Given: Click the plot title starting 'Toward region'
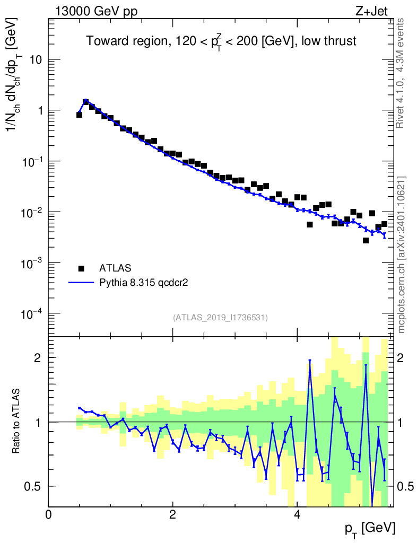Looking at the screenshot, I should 222,41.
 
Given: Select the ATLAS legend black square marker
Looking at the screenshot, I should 81,268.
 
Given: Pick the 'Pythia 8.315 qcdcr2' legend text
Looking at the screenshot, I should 144,283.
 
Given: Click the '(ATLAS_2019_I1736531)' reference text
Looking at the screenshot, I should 220,318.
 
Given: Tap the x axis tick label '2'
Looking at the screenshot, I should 172,514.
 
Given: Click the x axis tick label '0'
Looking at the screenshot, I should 48,514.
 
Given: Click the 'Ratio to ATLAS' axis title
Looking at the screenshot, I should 16,422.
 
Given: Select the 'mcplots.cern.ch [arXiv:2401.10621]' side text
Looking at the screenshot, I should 402,255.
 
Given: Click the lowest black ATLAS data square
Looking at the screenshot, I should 366,240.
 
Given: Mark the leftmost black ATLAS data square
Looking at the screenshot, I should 79,115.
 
